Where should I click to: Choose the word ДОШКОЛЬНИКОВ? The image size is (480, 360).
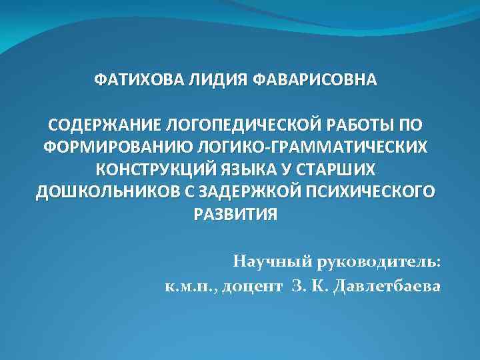(x=99, y=192)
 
